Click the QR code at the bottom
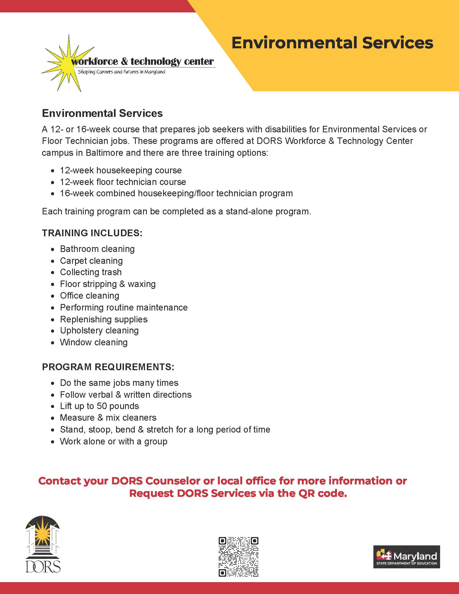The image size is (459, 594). click(x=238, y=556)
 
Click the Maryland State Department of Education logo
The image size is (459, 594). click(x=407, y=556)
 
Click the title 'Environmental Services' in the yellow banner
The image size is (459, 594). click(x=332, y=43)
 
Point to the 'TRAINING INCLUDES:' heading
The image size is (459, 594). click(x=92, y=233)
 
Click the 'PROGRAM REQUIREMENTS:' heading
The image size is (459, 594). click(x=108, y=367)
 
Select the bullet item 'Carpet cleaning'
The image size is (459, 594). click(x=91, y=261)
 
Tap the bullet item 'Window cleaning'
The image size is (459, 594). click(x=94, y=342)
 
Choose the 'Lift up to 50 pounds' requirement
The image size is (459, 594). click(x=100, y=406)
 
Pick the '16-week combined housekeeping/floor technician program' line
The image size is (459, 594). click(x=176, y=193)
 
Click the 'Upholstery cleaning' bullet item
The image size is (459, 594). click(x=99, y=330)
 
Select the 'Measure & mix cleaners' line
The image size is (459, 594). click(x=108, y=417)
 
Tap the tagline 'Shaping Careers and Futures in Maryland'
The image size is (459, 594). click(x=122, y=72)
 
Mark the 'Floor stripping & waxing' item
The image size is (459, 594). click(x=108, y=284)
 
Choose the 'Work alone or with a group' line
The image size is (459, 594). click(x=114, y=441)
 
